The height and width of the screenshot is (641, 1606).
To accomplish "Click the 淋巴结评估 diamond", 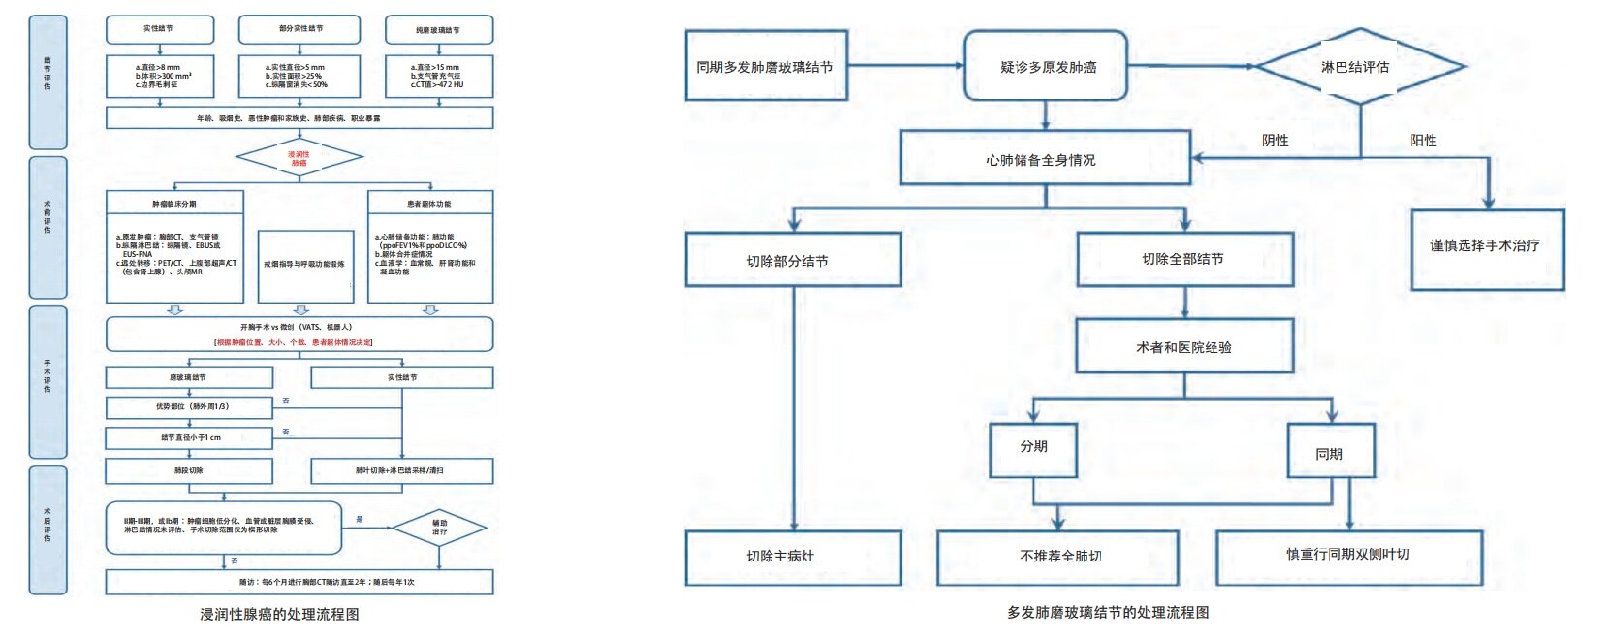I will coord(1357,67).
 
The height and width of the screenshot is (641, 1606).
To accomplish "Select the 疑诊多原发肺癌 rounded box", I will coord(1046,66).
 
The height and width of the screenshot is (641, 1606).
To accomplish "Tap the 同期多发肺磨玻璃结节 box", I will coord(766,66).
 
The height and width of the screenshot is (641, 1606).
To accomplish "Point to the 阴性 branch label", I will coord(1275,141).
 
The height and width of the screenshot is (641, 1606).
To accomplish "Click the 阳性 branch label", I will coord(1423,141).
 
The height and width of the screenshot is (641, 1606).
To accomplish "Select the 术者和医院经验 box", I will coord(1183,346).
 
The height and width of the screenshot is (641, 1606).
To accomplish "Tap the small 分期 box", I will coord(1033,448).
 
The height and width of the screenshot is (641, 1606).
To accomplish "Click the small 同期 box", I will coord(1331,452).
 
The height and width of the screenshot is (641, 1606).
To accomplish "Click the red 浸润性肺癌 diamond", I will coord(299,158).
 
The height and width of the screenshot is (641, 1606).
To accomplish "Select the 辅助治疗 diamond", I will coord(439,528).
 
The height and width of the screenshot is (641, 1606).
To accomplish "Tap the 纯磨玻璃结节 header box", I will coord(438,30).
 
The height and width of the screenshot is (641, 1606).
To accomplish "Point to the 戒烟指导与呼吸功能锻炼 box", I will coord(304,265).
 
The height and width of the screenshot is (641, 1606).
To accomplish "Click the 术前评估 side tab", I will coord(47,226).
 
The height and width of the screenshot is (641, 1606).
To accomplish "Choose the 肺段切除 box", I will coord(189,470).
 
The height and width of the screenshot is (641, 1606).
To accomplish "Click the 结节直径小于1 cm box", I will coord(189,437).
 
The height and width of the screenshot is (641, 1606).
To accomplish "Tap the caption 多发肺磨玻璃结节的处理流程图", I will coord(1107,613).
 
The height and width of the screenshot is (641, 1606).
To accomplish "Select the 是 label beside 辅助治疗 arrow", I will coord(360,520).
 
